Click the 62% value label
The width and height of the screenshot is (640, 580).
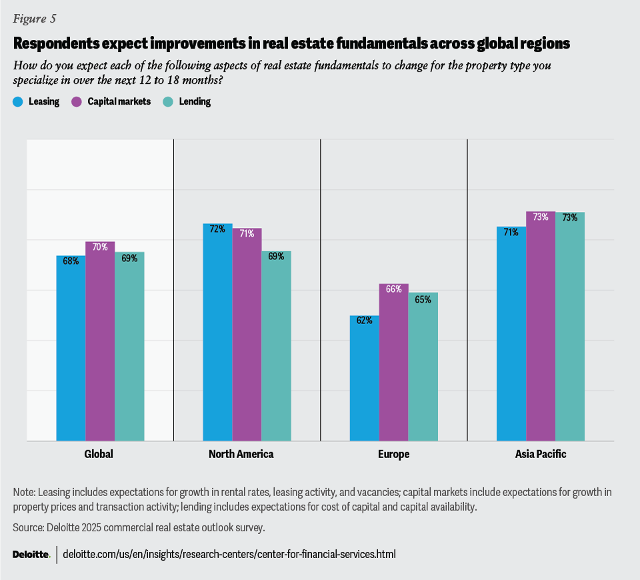pyautogui.click(x=364, y=320)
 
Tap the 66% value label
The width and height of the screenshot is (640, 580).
pyautogui.click(x=393, y=289)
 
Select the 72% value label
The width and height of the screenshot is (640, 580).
pyautogui.click(x=217, y=229)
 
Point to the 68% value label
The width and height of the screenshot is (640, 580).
pyautogui.click(x=71, y=261)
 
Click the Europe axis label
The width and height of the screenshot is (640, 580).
pyautogui.click(x=393, y=454)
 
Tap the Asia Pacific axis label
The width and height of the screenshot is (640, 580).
pyautogui.click(x=540, y=454)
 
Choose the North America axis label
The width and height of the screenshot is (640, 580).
pyautogui.click(x=247, y=454)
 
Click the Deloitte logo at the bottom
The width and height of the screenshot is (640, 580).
pyautogui.click(x=31, y=554)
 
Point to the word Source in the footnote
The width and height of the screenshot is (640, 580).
pyautogui.click(x=28, y=527)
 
